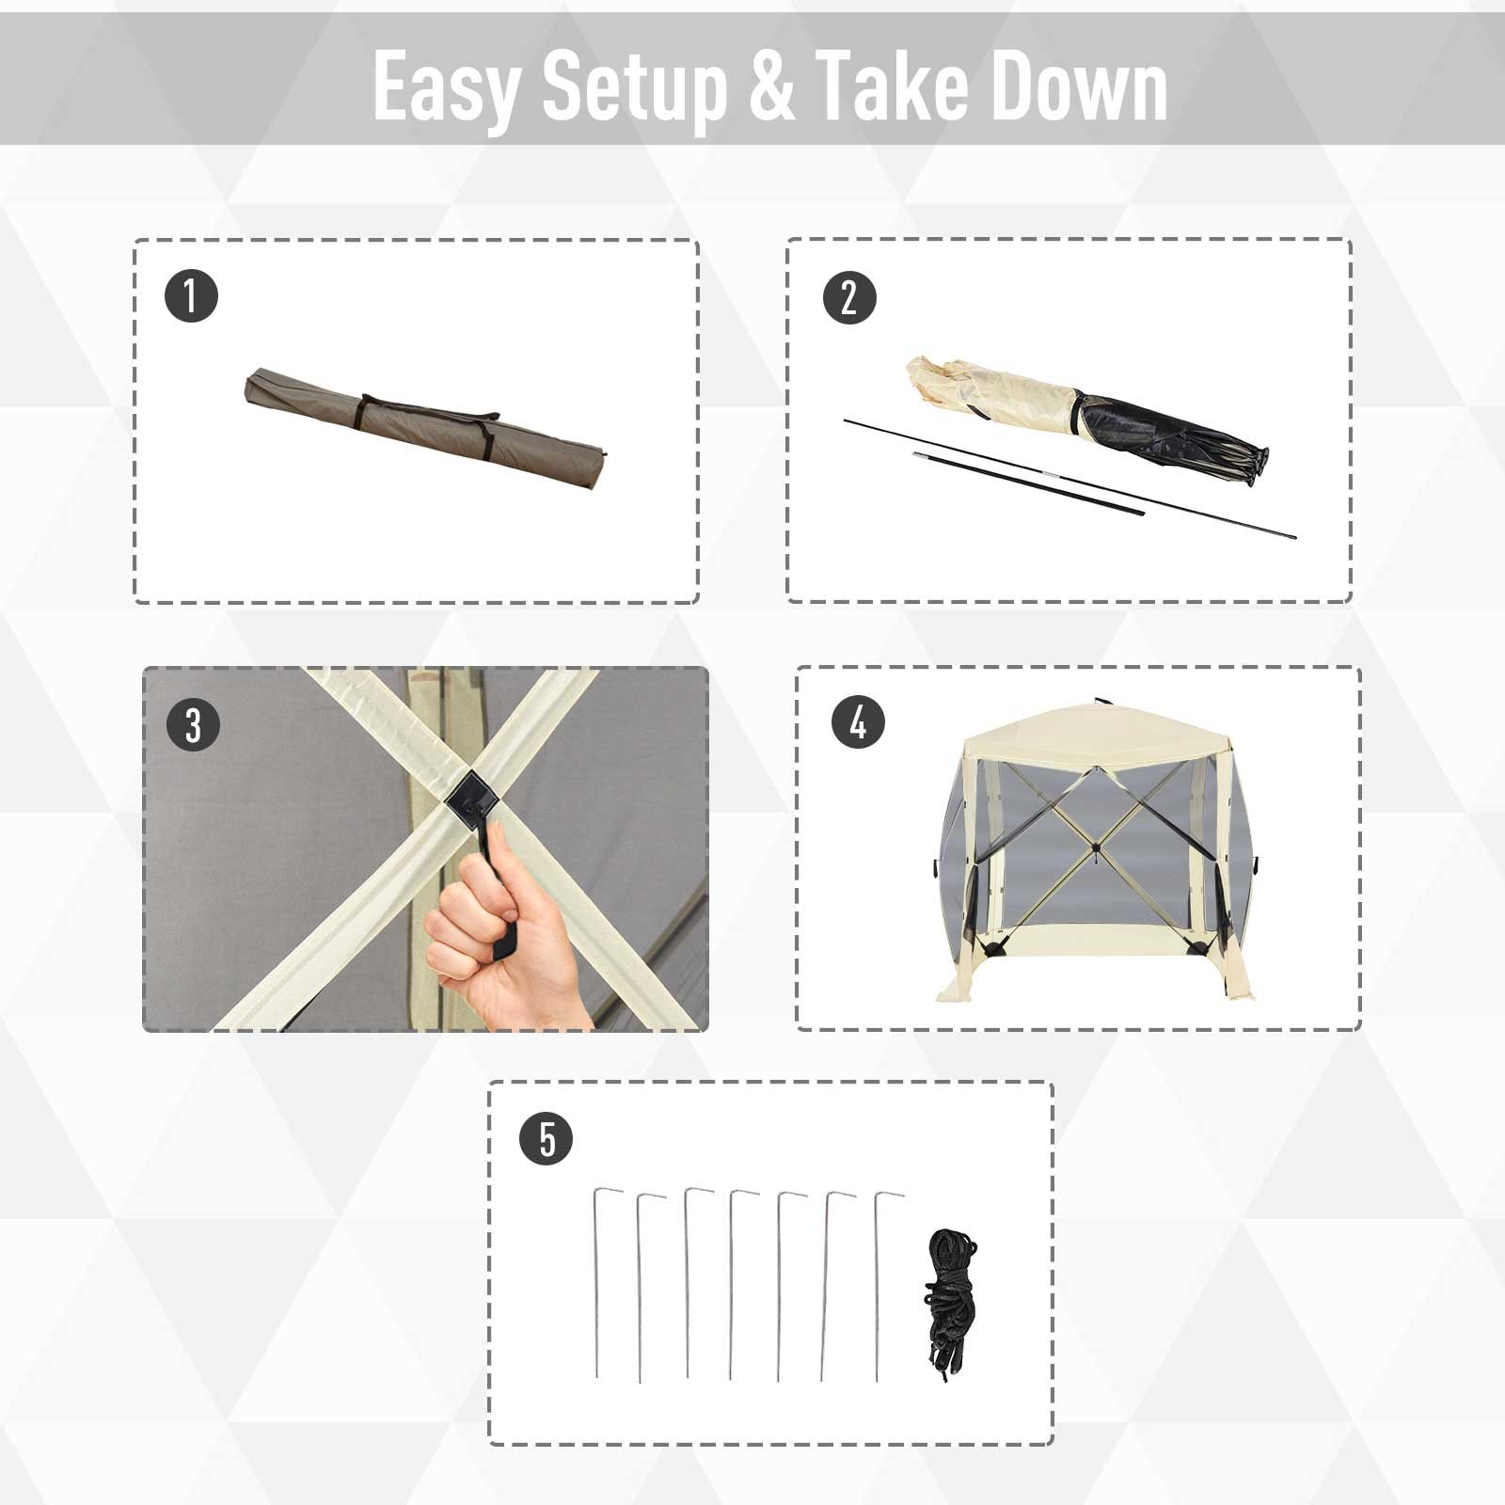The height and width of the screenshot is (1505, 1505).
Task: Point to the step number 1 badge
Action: click(191, 295)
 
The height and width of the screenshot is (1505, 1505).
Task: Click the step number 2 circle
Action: click(849, 297)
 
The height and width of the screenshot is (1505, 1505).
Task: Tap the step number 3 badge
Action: click(193, 725)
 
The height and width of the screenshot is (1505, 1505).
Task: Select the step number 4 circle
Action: click(858, 722)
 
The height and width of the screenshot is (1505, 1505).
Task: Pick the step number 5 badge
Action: click(547, 1139)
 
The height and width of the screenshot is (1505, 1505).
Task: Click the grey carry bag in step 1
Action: click(423, 428)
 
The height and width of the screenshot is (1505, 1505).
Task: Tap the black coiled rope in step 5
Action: click(951, 1299)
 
